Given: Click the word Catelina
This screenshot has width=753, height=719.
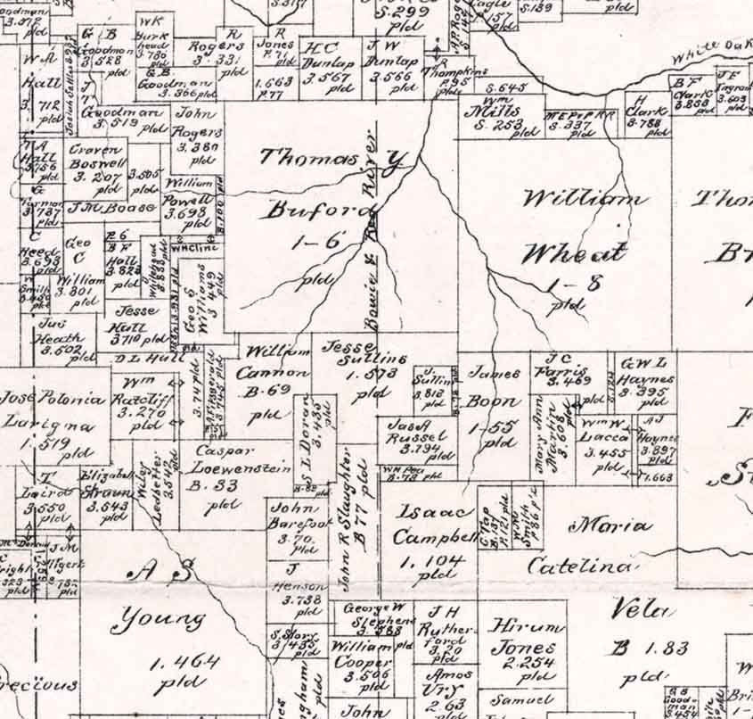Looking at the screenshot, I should pos(580,565).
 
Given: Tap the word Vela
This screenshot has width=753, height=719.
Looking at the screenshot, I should pos(639,611).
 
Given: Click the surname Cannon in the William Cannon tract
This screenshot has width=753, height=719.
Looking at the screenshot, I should pos(276,372).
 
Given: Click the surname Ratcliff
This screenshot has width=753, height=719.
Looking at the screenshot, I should pos(143,398).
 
